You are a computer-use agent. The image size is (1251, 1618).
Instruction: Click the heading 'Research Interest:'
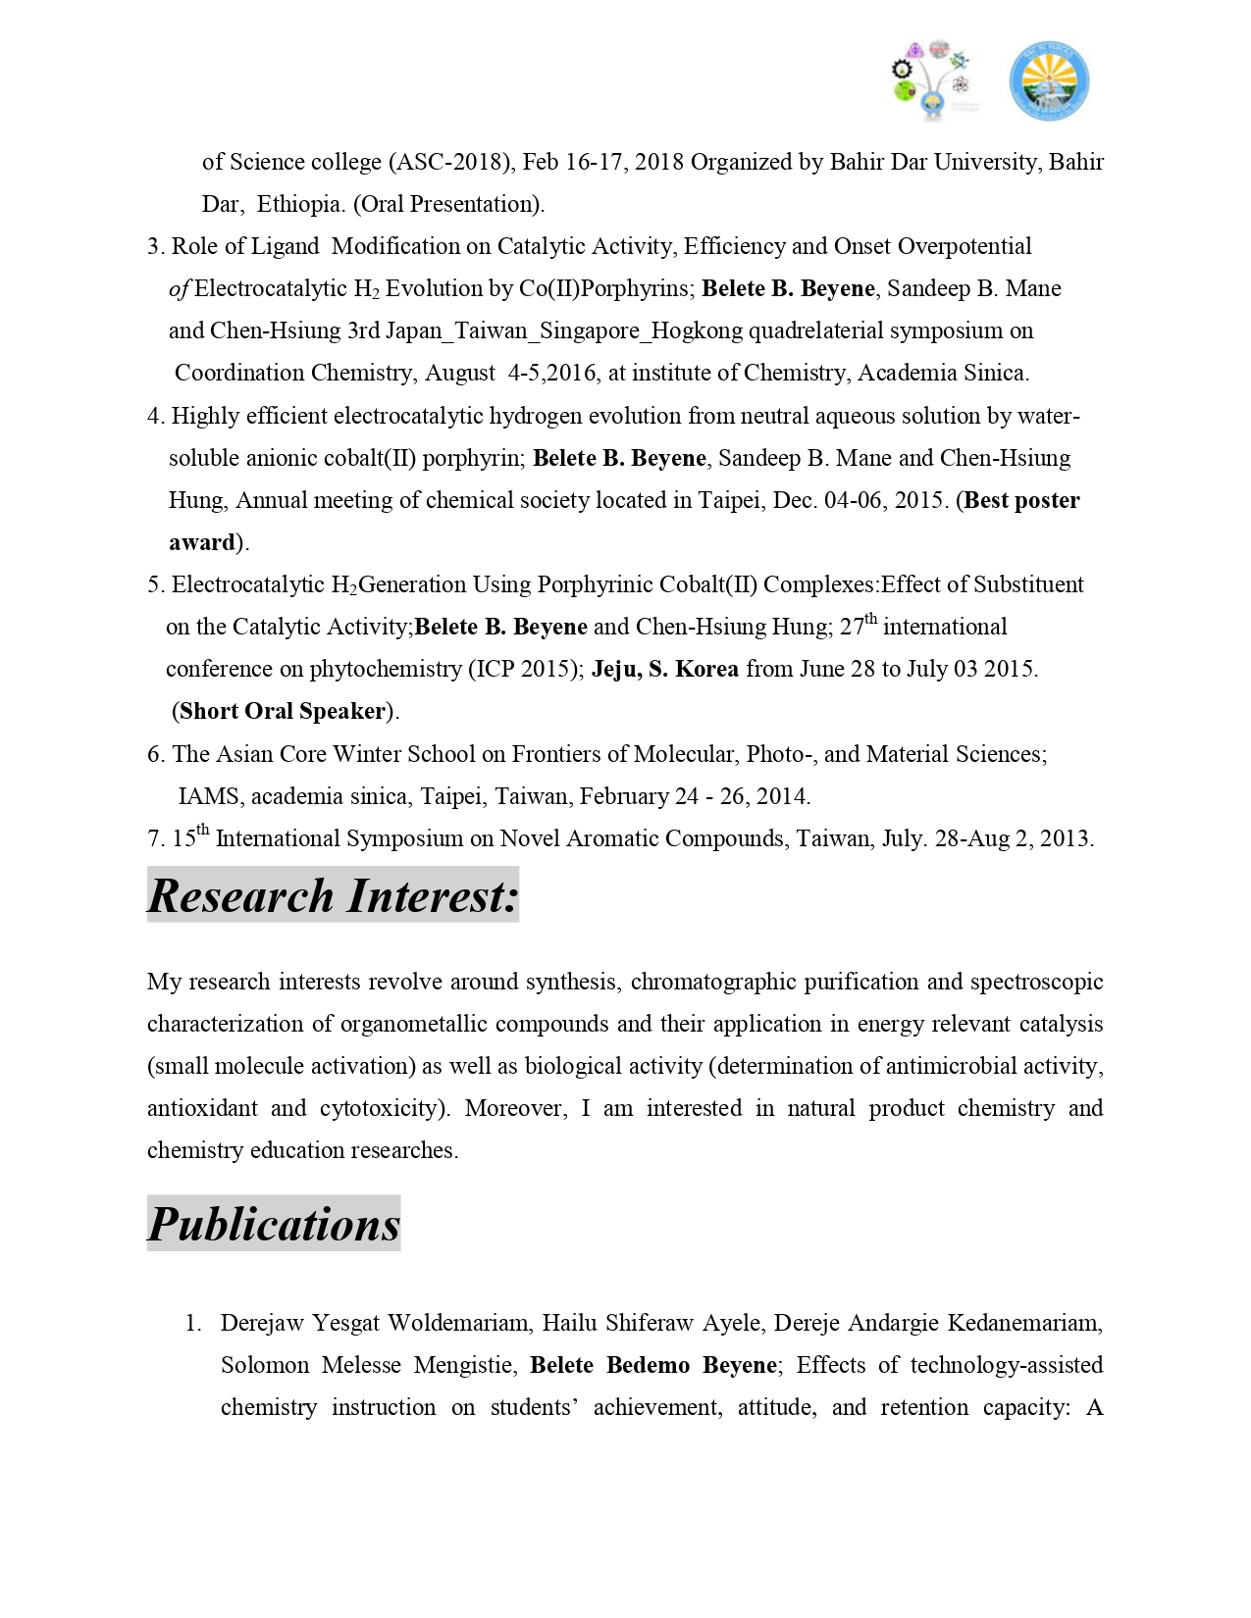click(x=333, y=896)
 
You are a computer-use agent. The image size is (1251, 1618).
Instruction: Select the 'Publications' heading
click(x=274, y=1224)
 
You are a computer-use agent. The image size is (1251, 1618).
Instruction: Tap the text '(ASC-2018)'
click(x=452, y=162)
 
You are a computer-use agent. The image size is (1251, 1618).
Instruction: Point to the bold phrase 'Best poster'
click(x=1022, y=500)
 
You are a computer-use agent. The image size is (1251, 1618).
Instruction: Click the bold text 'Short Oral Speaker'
click(x=283, y=711)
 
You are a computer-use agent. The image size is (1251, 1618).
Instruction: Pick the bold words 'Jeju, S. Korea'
click(x=664, y=669)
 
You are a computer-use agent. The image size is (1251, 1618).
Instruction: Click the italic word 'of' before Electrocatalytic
click(x=179, y=288)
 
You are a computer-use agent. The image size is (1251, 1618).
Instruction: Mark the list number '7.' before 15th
click(x=156, y=838)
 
